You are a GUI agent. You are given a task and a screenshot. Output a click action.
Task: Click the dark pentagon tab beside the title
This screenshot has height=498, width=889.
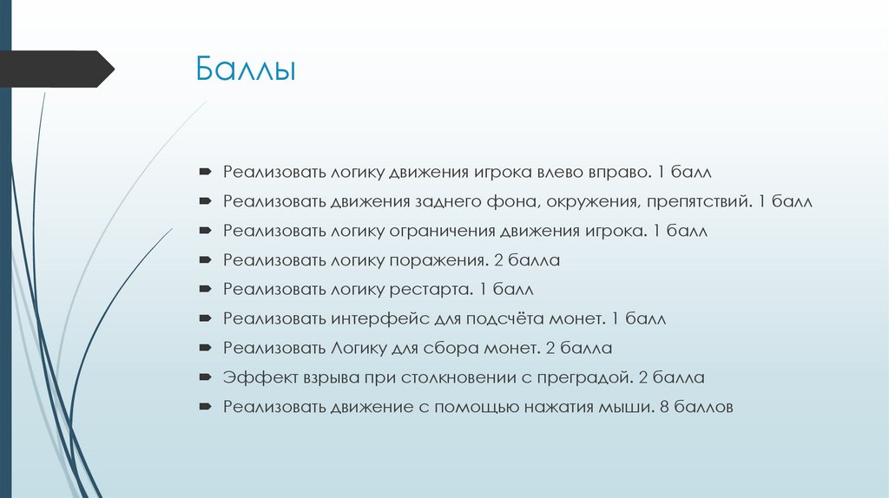[x=56, y=69]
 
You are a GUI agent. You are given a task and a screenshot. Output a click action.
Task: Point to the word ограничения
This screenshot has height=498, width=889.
[x=443, y=232]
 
